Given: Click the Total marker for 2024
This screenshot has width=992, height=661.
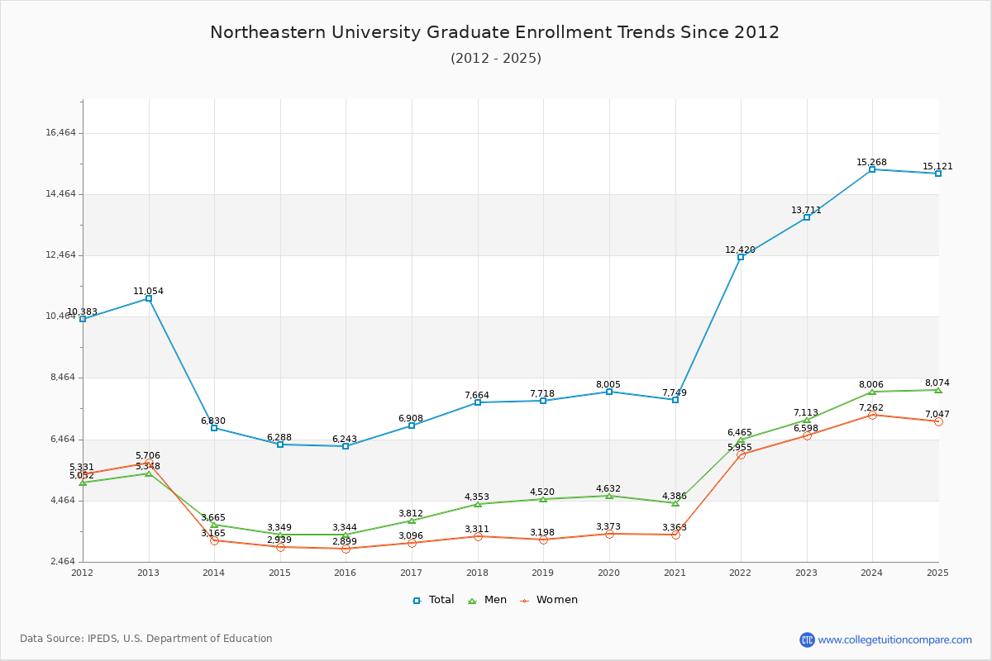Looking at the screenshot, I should (872, 169).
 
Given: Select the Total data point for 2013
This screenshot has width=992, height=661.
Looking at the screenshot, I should (149, 298).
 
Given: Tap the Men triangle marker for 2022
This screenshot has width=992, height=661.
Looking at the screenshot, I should (741, 440).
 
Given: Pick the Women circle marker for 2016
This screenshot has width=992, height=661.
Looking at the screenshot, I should (346, 549).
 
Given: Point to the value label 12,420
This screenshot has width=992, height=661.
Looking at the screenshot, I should (740, 250).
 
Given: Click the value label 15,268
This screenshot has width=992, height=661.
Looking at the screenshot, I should (871, 162).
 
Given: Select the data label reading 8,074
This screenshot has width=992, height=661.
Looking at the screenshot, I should (937, 383).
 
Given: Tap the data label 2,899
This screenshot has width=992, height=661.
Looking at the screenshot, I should (345, 541).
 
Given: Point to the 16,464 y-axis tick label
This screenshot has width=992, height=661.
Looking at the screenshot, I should (60, 133).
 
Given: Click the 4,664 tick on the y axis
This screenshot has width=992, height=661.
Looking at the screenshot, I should (60, 501).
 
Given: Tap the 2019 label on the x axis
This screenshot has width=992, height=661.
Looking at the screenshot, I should (543, 573).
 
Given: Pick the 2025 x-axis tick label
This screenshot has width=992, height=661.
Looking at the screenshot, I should (937, 573).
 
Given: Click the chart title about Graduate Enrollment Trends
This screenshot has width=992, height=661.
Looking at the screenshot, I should (494, 32).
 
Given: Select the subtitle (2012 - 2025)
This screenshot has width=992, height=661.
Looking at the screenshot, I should (495, 58).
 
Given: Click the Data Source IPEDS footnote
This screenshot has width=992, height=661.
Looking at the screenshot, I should (146, 639).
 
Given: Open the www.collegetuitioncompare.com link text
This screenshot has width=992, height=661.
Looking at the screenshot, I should (894, 640).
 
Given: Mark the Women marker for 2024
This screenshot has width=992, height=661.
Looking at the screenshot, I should (872, 415).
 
